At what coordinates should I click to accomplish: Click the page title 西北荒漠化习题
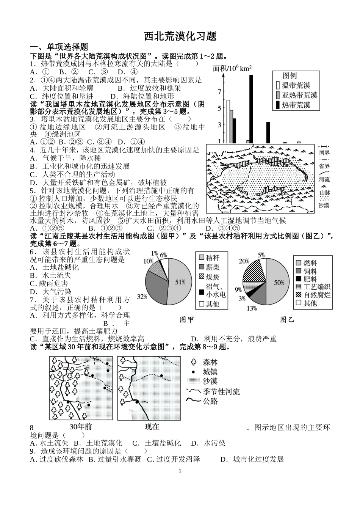click(180, 36)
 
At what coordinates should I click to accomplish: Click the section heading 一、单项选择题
click(59, 47)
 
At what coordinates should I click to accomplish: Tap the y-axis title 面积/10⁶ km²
click(232, 68)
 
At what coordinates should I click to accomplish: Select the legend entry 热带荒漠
click(296, 105)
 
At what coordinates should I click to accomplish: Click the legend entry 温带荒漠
click(296, 85)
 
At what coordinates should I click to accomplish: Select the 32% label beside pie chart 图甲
click(142, 297)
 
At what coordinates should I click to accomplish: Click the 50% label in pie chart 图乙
click(279, 282)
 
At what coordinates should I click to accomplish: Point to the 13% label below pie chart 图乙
click(252, 308)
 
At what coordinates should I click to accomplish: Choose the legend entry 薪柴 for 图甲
click(213, 267)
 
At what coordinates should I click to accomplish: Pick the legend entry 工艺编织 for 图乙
click(317, 287)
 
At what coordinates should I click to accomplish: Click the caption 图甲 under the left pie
click(187, 320)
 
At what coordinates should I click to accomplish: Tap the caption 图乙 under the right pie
click(287, 320)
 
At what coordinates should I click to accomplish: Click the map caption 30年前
click(81, 426)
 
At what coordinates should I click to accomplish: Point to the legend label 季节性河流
click(221, 391)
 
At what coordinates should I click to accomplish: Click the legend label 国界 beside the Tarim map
click(324, 153)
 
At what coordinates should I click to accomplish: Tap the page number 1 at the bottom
click(180, 471)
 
